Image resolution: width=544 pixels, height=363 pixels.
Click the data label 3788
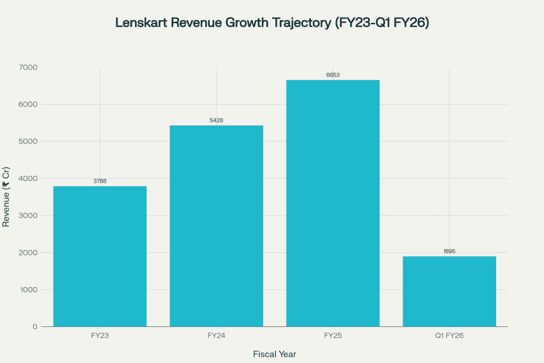[x=100, y=181]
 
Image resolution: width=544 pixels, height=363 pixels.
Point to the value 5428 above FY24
[x=216, y=121]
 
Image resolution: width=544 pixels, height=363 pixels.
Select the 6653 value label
[x=333, y=75]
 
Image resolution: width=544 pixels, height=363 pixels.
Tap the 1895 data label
[x=449, y=251]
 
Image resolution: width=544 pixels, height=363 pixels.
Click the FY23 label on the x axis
[x=100, y=336]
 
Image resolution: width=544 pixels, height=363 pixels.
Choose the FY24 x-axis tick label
[x=216, y=336]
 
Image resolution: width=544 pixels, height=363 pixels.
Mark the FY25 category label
[x=333, y=336]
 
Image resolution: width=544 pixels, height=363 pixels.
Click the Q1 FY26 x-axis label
[x=449, y=336]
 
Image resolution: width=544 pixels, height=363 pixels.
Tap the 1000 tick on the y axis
[x=29, y=290]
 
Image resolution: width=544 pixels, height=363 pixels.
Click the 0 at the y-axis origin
[x=35, y=327]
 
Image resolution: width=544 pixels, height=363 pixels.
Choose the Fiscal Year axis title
[x=274, y=354]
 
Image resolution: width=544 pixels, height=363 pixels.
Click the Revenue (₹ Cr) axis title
[x=6, y=197]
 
